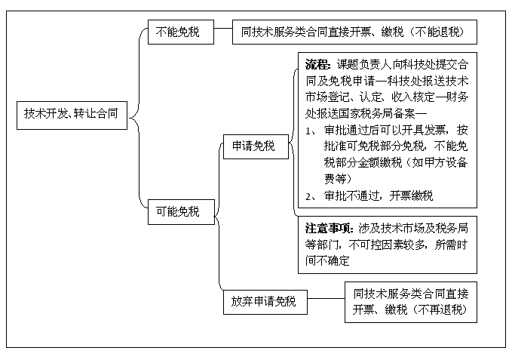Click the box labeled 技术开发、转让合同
(x=72, y=115)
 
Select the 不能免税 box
(x=181, y=32)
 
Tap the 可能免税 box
(x=181, y=212)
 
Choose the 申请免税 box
(x=256, y=146)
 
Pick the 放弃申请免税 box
(x=265, y=302)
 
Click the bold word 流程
(x=317, y=65)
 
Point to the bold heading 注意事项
(x=329, y=229)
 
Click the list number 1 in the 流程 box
(x=308, y=131)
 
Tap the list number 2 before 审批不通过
(x=308, y=197)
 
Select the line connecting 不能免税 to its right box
(x=223, y=28)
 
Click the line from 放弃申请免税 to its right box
(x=327, y=298)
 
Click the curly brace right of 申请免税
(x=293, y=143)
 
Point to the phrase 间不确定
(x=327, y=260)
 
